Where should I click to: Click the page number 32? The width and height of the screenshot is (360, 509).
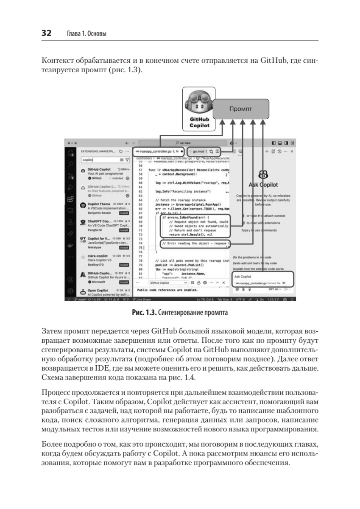pos(45,33)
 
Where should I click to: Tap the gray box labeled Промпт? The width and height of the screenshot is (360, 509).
pos(240,109)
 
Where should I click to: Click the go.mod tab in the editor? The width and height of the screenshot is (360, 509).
pos(199,151)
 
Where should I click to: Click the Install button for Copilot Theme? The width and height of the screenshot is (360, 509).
pos(124,213)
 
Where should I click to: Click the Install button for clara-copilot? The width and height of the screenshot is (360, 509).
pos(124,265)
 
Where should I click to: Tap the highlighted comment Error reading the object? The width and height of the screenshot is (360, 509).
pos(195,243)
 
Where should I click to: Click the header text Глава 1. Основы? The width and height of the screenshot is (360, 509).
pos(85,34)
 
